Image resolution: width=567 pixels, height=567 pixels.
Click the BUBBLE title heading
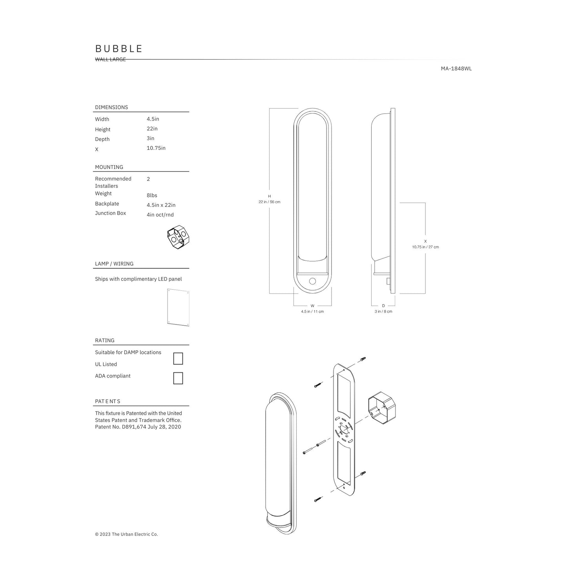tap(119, 49)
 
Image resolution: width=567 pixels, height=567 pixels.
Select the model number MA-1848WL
tap(456, 69)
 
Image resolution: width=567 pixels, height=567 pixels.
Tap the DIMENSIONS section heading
tap(111, 107)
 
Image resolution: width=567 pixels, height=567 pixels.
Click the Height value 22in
tap(152, 129)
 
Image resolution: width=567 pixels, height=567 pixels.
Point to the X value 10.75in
tap(156, 148)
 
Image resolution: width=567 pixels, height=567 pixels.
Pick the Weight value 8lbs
tap(152, 195)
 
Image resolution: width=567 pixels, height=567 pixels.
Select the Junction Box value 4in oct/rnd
tap(160, 215)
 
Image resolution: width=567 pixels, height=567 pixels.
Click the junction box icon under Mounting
tap(178, 237)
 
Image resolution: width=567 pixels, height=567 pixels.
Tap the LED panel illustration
tap(178, 308)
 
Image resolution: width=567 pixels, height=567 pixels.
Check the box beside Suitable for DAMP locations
tap(178, 358)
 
